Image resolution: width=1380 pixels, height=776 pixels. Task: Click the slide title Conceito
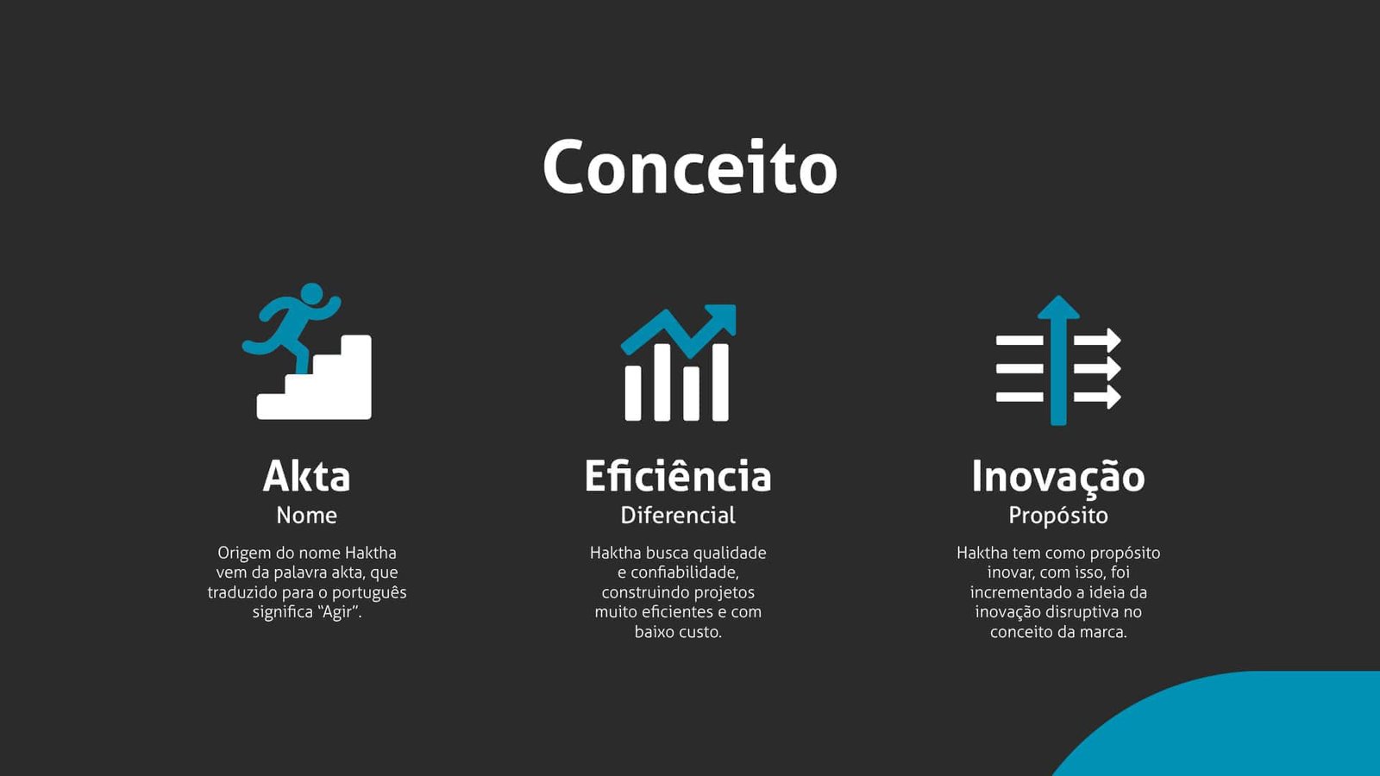click(689, 166)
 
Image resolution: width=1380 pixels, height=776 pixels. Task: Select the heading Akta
click(306, 476)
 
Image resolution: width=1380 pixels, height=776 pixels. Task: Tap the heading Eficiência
click(678, 476)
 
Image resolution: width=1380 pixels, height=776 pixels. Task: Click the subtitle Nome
click(306, 515)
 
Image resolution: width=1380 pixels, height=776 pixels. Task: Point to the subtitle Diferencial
click(678, 515)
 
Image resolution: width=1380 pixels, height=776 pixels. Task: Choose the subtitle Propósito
click(1057, 516)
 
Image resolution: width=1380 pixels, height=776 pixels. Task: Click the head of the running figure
click(311, 294)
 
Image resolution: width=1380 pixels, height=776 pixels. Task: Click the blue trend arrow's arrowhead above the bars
click(723, 317)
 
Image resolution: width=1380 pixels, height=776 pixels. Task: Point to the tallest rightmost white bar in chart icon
click(720, 383)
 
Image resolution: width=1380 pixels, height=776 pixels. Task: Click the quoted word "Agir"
click(337, 613)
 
